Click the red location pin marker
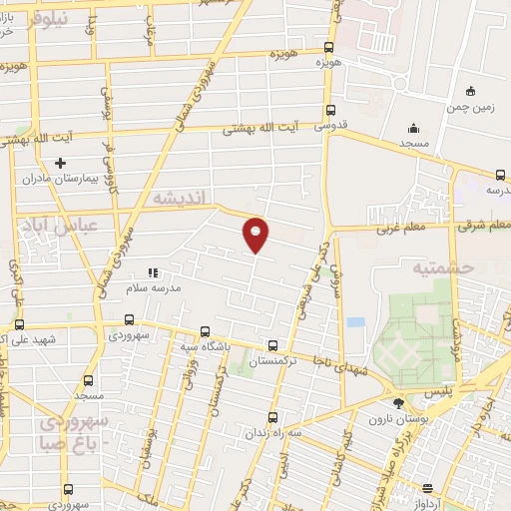click(256, 234)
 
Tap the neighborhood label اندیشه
click(181, 199)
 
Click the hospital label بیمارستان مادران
click(64, 179)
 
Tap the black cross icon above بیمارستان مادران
click(60, 162)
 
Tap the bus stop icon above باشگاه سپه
click(205, 330)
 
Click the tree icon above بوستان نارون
click(399, 403)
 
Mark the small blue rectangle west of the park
click(355, 322)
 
